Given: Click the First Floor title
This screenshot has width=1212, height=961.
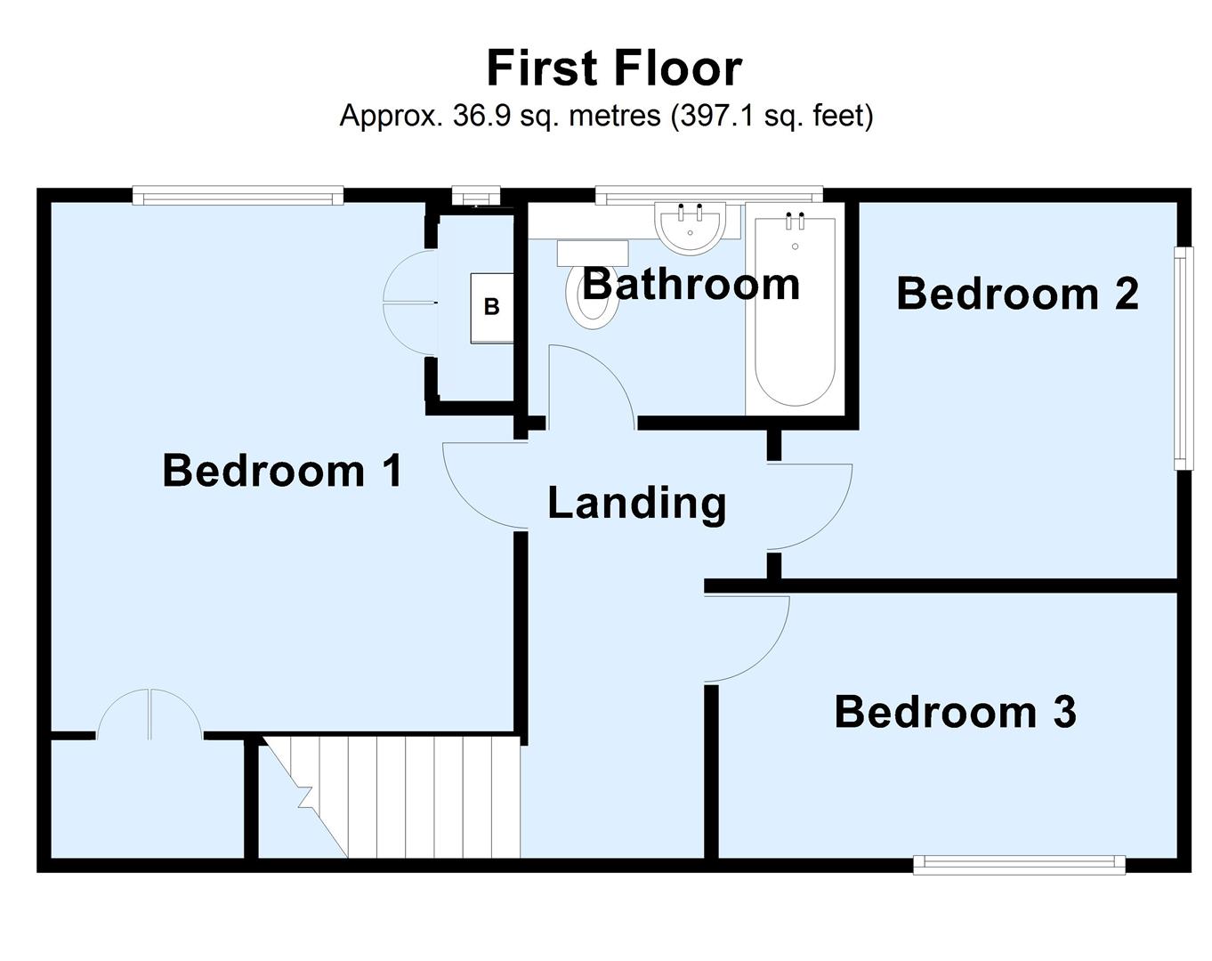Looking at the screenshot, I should click(614, 69).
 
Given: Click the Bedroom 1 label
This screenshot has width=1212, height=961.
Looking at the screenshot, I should click(282, 470).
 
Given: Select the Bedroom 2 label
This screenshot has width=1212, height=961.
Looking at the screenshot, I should click(1017, 294).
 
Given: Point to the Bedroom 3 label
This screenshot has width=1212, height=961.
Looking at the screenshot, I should click(955, 712).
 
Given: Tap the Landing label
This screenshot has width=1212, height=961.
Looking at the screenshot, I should click(636, 503).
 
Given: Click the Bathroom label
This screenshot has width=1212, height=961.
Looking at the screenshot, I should click(691, 285).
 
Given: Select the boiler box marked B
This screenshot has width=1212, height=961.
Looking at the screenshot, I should click(491, 308).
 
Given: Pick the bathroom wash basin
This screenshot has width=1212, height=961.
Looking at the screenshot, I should click(691, 226).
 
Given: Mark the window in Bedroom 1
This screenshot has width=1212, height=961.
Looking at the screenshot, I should click(238, 195).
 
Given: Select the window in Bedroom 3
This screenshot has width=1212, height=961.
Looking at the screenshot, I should click(1019, 863).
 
